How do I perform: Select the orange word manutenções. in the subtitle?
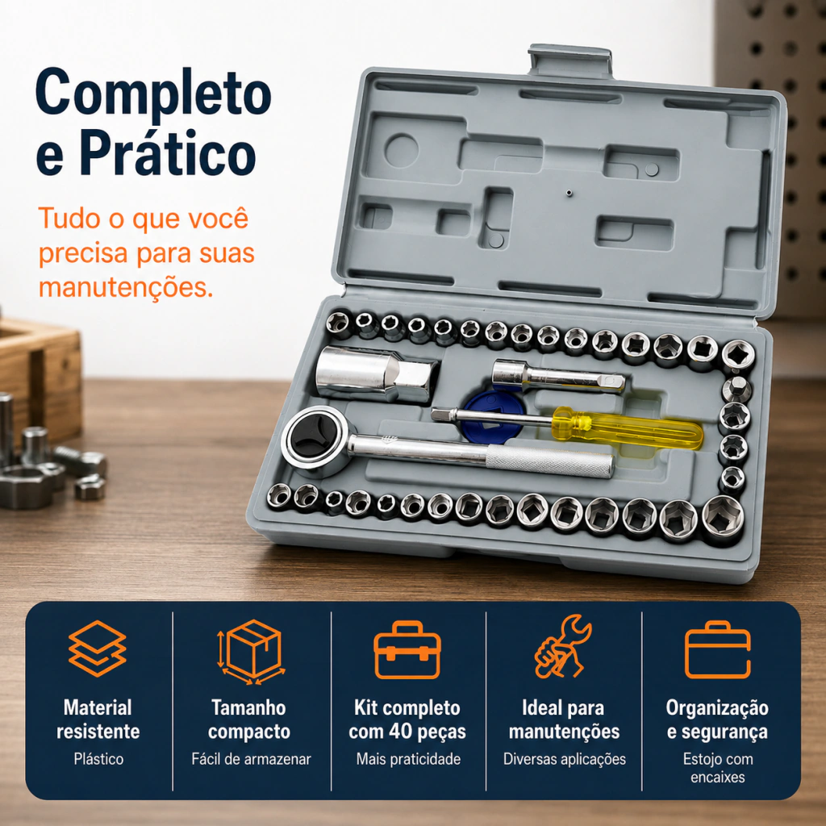pos(126,288)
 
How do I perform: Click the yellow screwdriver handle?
pos(627,428)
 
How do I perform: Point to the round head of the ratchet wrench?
pos(315,441)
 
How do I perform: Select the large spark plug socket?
pos(377,374)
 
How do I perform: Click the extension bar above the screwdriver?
pos(558,376)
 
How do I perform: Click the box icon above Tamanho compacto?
pos(252,651)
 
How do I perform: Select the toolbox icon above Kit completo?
pos(407,650)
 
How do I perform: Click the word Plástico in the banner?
pos(98,759)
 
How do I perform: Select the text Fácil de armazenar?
pos(252,759)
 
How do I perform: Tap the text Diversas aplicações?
pos(564,759)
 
